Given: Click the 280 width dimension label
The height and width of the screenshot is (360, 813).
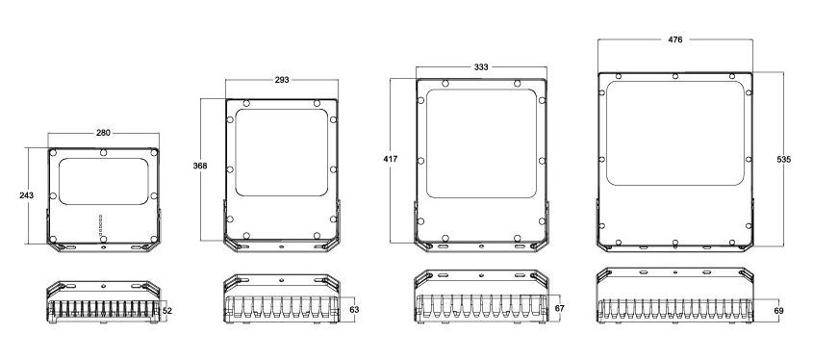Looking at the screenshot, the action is (x=103, y=133).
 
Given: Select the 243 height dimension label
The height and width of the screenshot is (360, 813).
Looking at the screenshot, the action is (x=26, y=195).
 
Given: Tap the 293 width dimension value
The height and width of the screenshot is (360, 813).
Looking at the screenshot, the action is (x=282, y=80).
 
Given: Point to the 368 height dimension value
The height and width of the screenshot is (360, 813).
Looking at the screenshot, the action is (x=200, y=166).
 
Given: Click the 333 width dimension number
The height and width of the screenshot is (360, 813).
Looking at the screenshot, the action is (x=481, y=67).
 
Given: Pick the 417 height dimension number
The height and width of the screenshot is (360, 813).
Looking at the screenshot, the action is (x=391, y=159).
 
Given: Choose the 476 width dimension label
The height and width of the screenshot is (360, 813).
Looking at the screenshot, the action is (x=675, y=39).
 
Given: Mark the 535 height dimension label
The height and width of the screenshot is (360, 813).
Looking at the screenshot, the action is (x=784, y=160).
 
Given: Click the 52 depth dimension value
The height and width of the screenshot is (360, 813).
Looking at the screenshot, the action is (x=167, y=311).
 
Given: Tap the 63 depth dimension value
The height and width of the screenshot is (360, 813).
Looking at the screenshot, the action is (x=354, y=310).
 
